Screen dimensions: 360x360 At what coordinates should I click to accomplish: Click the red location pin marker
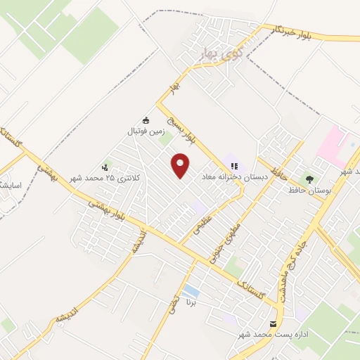[181, 165]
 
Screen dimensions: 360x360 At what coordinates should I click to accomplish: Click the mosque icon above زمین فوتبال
[146, 120]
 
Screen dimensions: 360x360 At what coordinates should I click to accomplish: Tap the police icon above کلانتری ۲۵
[105, 167]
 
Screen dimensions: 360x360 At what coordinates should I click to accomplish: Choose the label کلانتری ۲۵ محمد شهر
[105, 179]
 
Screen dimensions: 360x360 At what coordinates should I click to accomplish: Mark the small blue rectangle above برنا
[190, 290]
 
